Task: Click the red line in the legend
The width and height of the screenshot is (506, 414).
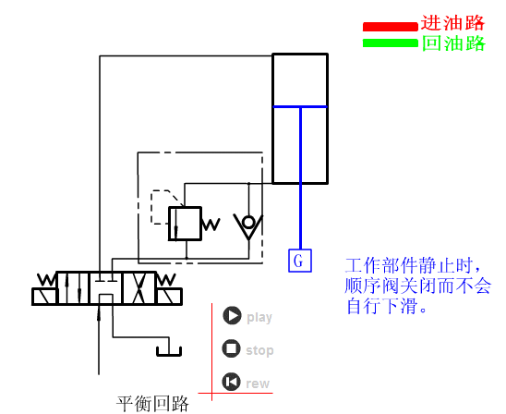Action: pos(390,26)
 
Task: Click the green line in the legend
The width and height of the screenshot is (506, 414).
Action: pos(390,43)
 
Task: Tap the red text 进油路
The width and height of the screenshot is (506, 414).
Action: pos(452,23)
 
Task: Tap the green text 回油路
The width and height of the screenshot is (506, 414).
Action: pos(452,43)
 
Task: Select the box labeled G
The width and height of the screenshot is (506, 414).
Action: pos(297,261)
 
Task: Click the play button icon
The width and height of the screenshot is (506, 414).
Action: pos(232,316)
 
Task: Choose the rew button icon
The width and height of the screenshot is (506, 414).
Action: pos(232,383)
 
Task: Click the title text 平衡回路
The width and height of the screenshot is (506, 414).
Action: pos(152,404)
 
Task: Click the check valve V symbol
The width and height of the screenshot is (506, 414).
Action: pos(247,224)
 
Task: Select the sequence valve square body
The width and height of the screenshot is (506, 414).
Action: pos(184,223)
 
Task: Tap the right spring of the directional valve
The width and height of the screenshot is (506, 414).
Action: pos(167,280)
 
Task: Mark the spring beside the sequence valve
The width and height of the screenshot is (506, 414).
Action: pos(211,224)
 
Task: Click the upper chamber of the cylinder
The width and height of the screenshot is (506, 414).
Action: pos(299,79)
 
